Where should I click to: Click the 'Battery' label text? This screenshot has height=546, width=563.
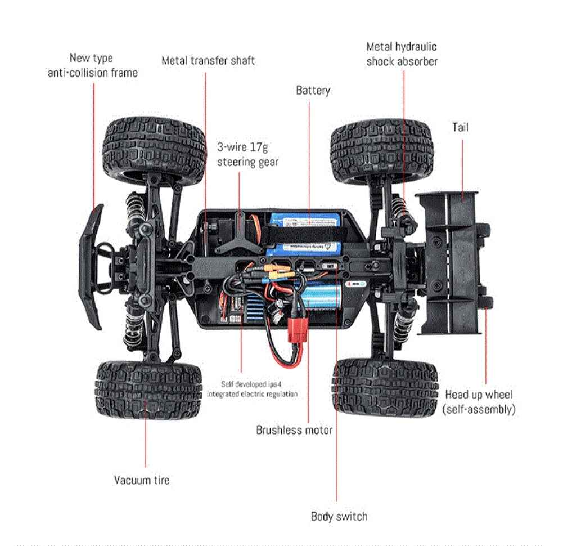(x=313, y=90)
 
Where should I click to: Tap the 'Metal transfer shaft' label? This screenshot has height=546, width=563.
(x=208, y=60)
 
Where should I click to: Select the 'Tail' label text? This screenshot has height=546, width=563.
(x=460, y=127)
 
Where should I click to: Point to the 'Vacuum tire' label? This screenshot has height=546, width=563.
(x=142, y=480)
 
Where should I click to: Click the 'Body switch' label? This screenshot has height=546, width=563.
(x=339, y=516)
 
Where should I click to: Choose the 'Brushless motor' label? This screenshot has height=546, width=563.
(x=294, y=430)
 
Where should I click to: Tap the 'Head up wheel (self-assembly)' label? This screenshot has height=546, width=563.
(x=479, y=402)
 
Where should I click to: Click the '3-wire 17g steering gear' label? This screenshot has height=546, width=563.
(x=248, y=155)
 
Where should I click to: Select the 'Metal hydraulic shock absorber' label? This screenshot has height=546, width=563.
(x=402, y=54)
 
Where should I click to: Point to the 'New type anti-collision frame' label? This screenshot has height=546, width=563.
(x=92, y=65)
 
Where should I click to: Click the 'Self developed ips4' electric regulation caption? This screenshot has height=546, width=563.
(x=252, y=389)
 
